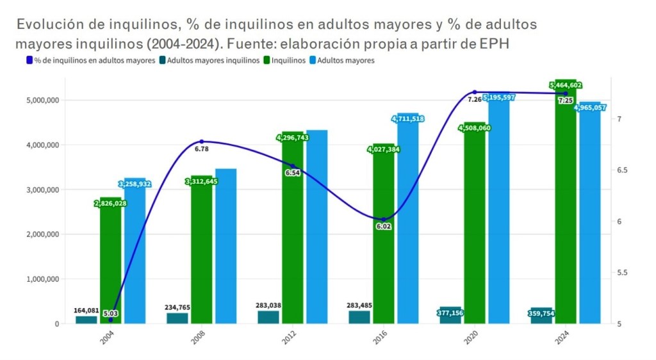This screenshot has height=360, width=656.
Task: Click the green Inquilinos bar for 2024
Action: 566,211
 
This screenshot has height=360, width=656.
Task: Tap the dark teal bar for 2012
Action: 268,317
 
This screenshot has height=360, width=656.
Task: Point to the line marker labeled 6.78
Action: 201,142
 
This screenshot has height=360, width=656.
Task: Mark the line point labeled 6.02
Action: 384,220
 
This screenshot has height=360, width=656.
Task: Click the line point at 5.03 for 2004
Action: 110,319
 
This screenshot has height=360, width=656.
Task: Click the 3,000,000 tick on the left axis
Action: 40,190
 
